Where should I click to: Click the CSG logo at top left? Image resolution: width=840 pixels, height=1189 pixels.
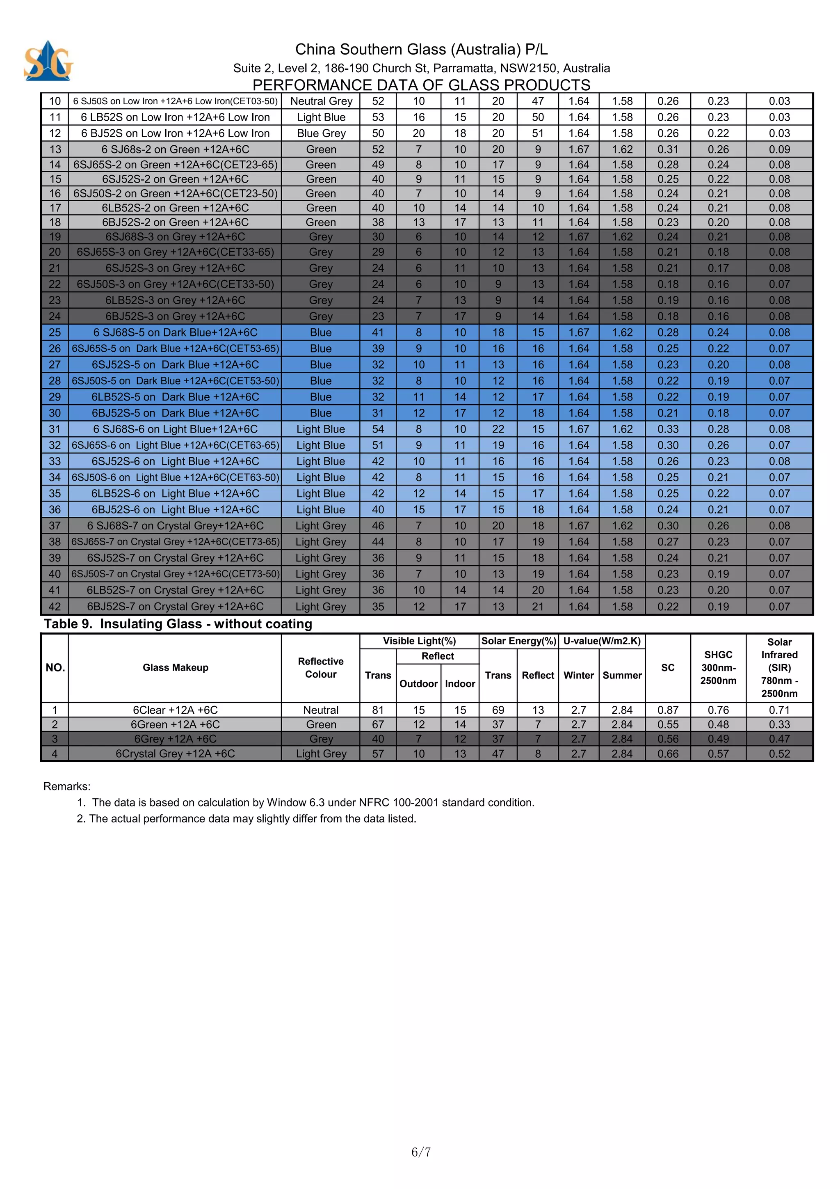48,61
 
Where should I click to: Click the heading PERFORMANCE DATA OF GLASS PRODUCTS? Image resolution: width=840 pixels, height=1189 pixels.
421,85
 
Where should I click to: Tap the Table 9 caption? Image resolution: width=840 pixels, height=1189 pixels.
178,624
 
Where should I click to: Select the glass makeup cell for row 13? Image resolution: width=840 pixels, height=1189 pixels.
175,150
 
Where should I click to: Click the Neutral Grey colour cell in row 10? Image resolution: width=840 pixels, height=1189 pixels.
321,101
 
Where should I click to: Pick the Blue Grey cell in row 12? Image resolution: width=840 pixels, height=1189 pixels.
321,134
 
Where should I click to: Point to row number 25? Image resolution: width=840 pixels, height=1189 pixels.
55,332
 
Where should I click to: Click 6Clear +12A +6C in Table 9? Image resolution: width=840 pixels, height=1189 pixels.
175,710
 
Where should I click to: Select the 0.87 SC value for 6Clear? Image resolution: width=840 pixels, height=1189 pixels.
668,710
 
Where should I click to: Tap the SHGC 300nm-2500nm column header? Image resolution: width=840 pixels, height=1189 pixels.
718,667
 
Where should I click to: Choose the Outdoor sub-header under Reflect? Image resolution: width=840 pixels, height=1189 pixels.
418,684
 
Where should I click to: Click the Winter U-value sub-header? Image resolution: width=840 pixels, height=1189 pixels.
579,675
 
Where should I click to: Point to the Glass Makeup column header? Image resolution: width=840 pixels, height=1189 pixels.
175,667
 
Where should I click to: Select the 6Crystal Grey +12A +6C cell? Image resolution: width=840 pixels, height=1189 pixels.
175,754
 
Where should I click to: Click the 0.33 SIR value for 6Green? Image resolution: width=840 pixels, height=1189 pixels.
779,724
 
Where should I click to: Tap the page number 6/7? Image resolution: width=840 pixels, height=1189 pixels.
421,1152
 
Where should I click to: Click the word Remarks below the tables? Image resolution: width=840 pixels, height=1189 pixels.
67,787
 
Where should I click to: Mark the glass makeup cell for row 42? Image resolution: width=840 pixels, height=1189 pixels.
175,607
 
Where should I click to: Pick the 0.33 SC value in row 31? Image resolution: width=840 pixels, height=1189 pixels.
668,429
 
